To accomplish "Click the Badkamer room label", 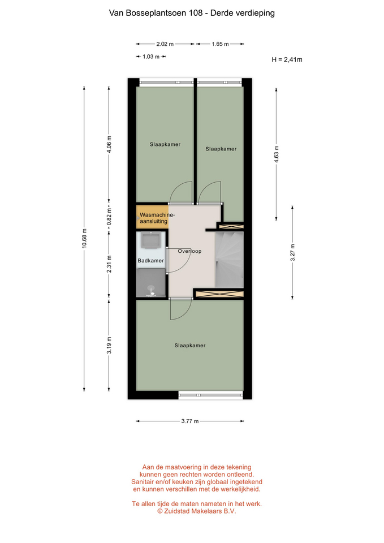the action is [150, 260].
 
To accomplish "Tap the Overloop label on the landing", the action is [189, 251].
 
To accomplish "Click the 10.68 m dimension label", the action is [84, 238].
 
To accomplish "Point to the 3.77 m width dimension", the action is [190, 421].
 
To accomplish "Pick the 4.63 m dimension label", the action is [277, 154].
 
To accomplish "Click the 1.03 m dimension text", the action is [151, 57].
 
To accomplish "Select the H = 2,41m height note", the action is [287, 59].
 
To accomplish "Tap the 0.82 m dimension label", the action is [109, 217].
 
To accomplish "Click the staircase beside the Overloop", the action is [229, 260].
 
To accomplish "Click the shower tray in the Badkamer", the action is [150, 283].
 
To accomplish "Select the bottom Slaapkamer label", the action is [190, 345].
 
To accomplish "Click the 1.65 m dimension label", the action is [220, 44].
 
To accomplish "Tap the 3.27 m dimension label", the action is [292, 252].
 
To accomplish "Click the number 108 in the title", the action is [196, 13].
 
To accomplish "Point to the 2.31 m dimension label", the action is [109, 264].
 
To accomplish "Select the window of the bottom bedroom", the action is [210, 395].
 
